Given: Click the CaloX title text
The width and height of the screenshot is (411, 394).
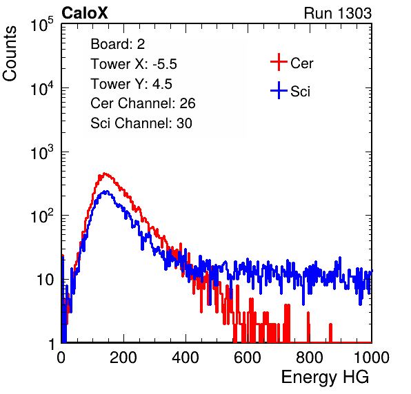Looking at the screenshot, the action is point(84,13).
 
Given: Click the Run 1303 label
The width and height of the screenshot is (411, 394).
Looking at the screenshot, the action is point(338,13).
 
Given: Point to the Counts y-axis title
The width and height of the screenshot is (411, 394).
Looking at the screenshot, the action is point(10,54).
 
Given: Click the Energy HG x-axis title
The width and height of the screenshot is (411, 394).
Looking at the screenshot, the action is point(325,377).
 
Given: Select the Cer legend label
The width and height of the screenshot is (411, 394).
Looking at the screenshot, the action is point(301,63).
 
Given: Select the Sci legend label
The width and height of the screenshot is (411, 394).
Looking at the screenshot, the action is point(300,92).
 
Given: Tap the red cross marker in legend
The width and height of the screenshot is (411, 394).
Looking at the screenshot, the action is point(279,62).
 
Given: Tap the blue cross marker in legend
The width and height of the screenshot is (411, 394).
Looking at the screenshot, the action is point(279,91).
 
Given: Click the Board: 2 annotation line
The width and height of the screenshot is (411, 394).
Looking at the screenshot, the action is point(118,44).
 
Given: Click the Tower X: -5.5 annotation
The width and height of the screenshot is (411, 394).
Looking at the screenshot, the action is point(134,64).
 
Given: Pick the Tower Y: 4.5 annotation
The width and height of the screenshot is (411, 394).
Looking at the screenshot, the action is point(131,84).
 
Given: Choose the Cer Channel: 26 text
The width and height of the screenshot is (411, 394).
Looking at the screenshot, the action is point(143,103).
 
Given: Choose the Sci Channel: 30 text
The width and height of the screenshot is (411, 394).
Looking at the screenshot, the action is point(141,123).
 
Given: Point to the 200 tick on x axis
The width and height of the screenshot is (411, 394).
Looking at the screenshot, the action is point(123,357).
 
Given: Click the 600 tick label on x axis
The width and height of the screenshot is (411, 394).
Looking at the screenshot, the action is point(248,357).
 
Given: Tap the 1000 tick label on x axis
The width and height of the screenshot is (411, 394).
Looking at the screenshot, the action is point(372,357).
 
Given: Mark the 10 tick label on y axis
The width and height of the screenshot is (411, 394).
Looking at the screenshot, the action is point(45,280).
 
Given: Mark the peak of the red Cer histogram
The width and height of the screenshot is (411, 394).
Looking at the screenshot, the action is point(105,174).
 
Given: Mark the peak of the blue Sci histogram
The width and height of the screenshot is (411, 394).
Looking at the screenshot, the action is point(105,191).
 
